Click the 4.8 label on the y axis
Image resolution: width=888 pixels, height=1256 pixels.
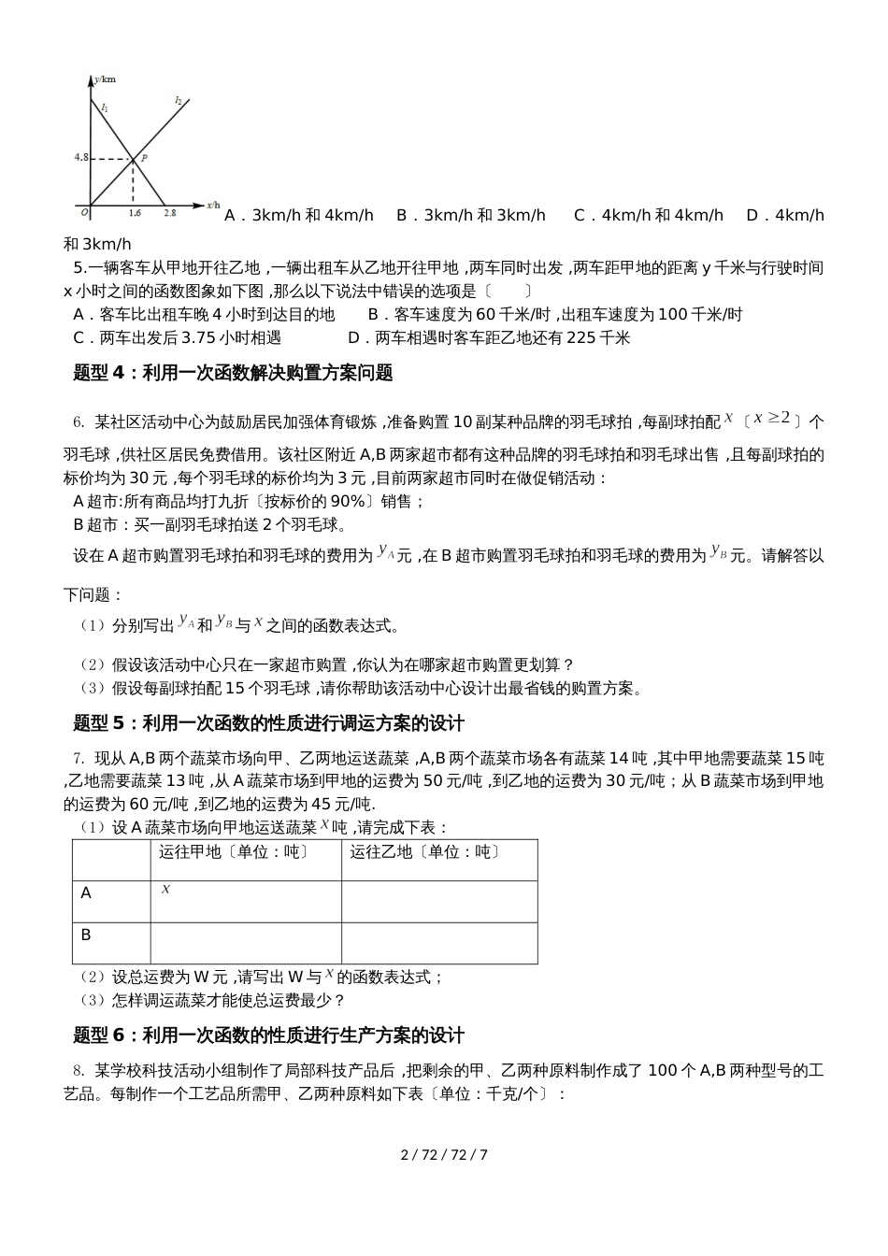tap(80, 158)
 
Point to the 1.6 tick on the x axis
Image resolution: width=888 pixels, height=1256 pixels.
tap(134, 214)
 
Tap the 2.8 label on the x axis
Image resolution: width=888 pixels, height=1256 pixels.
tap(169, 214)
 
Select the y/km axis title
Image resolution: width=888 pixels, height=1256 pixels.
tap(106, 80)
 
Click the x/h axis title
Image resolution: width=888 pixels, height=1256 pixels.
tap(213, 204)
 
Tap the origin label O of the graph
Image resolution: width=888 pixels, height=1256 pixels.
tap(84, 212)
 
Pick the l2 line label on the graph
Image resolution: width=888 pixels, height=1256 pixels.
tap(178, 99)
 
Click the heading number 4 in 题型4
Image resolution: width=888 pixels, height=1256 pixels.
tap(118, 373)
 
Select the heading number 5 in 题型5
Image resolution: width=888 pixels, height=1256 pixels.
tap(118, 723)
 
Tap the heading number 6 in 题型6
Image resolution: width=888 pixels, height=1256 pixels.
tap(118, 1035)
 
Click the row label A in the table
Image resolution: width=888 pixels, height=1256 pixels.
tap(86, 893)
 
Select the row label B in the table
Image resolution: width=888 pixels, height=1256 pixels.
tap(86, 935)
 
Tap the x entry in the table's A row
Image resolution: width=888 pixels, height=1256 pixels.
tap(165, 890)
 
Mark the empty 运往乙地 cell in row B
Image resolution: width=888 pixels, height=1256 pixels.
tap(438, 942)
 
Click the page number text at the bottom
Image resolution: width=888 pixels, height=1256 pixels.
tap(444, 1154)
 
